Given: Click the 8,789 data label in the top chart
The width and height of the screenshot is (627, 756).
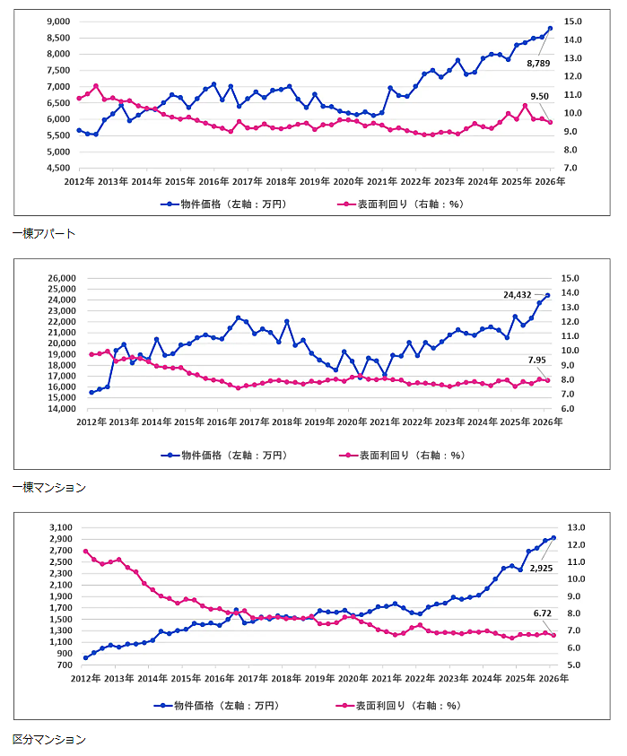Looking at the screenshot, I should (x=538, y=63).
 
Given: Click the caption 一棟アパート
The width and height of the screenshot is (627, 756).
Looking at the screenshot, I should (x=44, y=233).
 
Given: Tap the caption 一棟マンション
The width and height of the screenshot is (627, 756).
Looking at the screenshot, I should (x=49, y=487).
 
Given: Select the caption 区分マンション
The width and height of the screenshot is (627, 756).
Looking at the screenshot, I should (x=49, y=739).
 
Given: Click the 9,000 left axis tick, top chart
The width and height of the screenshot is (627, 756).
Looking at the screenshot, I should (x=57, y=22).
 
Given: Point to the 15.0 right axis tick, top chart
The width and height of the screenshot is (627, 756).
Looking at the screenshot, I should (x=573, y=22).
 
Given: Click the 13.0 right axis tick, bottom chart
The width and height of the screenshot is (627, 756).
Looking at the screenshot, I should (x=573, y=528).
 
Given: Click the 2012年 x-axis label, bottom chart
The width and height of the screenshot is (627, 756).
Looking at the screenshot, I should (x=86, y=679).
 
